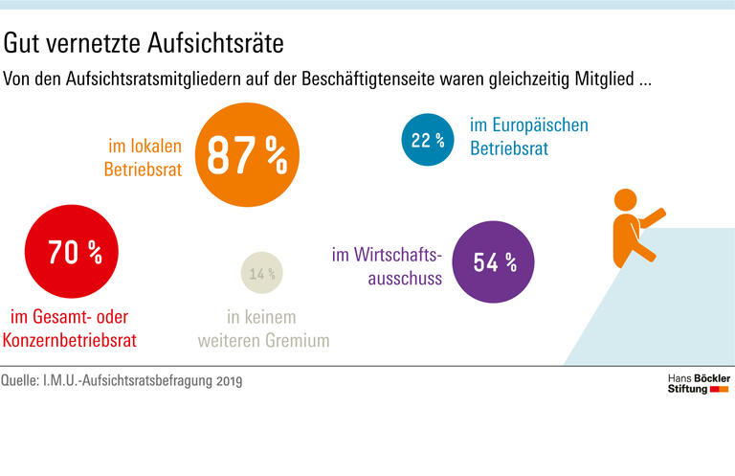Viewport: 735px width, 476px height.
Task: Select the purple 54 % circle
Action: (492, 262)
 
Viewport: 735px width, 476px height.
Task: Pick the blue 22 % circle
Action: (427, 140)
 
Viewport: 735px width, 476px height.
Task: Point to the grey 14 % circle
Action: (261, 275)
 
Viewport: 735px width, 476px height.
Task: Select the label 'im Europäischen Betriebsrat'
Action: (528, 137)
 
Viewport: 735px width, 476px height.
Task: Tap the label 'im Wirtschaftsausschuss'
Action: (387, 267)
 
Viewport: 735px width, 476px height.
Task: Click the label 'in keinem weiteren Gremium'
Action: (262, 329)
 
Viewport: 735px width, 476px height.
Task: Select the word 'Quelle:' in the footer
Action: (25, 381)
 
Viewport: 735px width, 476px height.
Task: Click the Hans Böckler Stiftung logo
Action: (698, 384)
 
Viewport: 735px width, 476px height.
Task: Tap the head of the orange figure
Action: (624, 200)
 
